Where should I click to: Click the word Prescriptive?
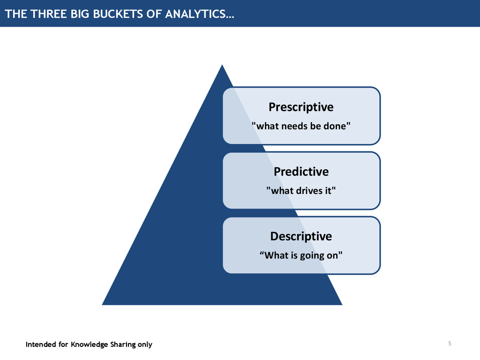(301, 107)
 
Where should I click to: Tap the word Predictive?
(301, 172)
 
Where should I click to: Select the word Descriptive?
(301, 236)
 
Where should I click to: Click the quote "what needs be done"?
(301, 126)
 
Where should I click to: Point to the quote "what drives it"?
(301, 190)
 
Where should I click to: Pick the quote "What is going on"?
(301, 255)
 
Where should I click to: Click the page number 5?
(450, 344)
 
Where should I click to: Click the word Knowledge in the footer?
(89, 345)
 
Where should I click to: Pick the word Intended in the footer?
(40, 345)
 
